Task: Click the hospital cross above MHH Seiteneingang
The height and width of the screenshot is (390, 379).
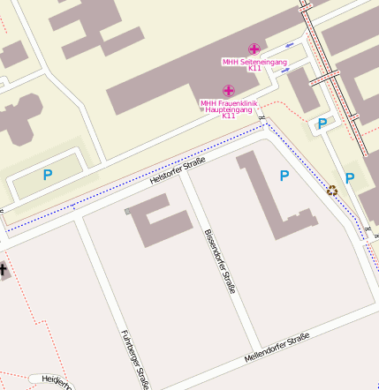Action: pos(254,49)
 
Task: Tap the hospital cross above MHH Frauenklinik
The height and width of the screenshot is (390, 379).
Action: pos(228,91)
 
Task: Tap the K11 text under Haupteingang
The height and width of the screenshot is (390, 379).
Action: pos(229,116)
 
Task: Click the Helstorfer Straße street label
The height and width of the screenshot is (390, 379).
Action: pos(178,169)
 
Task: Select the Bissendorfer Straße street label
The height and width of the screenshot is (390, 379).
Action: pos(221,261)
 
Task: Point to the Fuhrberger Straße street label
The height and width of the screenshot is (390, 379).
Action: pos(133,360)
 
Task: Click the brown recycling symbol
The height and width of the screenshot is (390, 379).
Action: pos(332,189)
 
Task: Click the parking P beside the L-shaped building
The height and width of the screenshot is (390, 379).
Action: pos(284,176)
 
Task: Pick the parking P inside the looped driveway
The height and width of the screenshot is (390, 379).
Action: pos(48,176)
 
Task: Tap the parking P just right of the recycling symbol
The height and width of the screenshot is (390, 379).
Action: pos(350,179)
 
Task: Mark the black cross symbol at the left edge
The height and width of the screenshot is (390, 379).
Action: pos(3,269)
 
